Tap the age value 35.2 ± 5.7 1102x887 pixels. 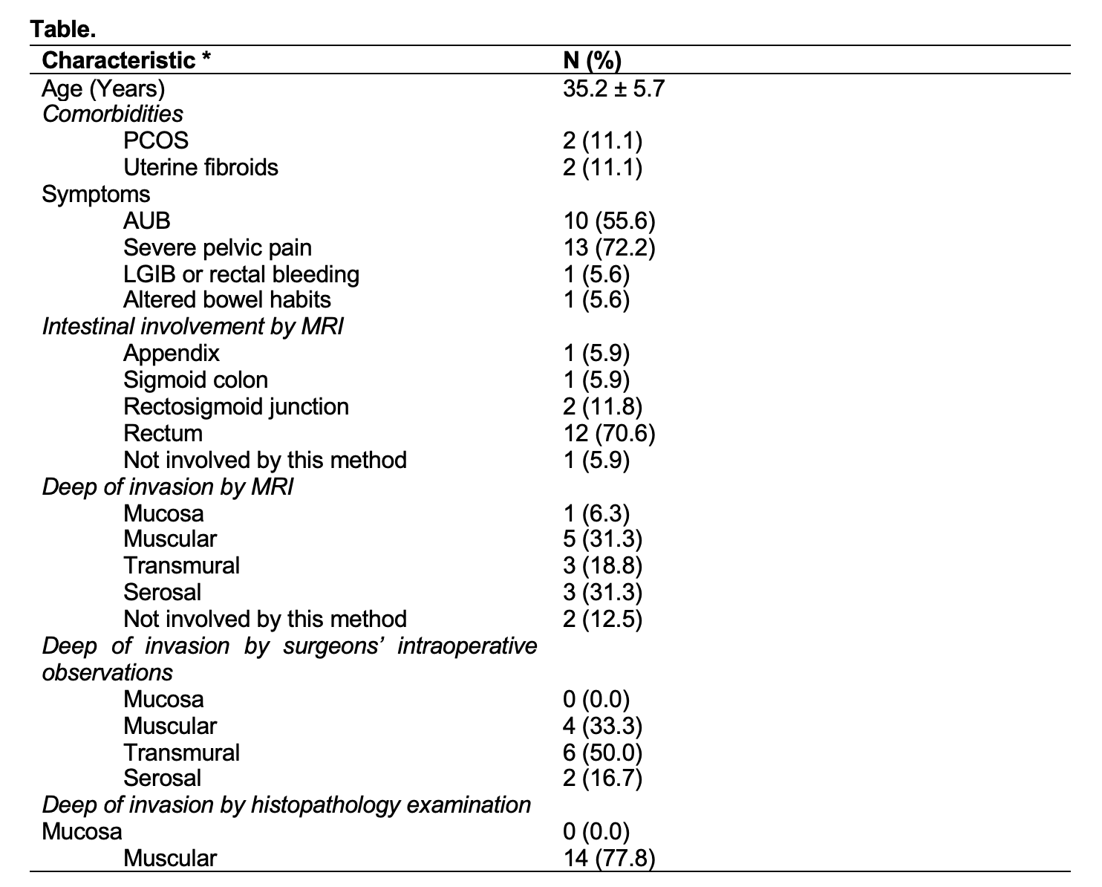point(613,88)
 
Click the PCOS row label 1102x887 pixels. point(156,140)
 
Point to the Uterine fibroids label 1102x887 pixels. point(200,167)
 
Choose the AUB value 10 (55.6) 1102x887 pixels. point(609,221)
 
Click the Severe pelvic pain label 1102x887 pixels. point(217,247)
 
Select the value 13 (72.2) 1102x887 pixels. point(609,247)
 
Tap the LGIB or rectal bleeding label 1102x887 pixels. point(241,274)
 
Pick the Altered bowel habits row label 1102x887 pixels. point(227,300)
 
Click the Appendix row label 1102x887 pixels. point(172,353)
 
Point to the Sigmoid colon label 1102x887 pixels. point(195,380)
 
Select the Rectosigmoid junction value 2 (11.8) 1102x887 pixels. point(602,406)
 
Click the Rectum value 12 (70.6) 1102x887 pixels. point(609,433)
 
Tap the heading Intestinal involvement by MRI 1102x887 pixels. point(192,326)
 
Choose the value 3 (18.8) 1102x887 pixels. point(602,565)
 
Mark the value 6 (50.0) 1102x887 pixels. point(602,753)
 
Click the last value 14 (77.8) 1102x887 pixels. point(609,859)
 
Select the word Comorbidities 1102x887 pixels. point(113,114)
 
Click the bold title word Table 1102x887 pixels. point(63,30)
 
